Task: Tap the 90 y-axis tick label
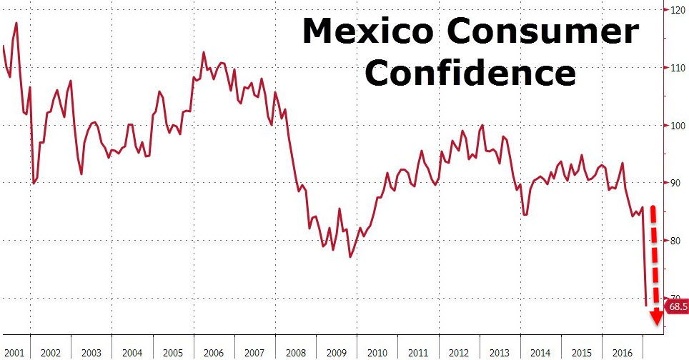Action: (674, 184)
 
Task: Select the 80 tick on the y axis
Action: (674, 241)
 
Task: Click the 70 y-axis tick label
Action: (674, 298)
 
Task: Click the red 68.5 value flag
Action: (676, 307)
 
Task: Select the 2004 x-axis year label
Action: (132, 352)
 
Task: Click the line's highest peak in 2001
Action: (16, 23)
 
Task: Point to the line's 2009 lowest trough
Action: (350, 257)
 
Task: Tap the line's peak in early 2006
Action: (204, 52)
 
